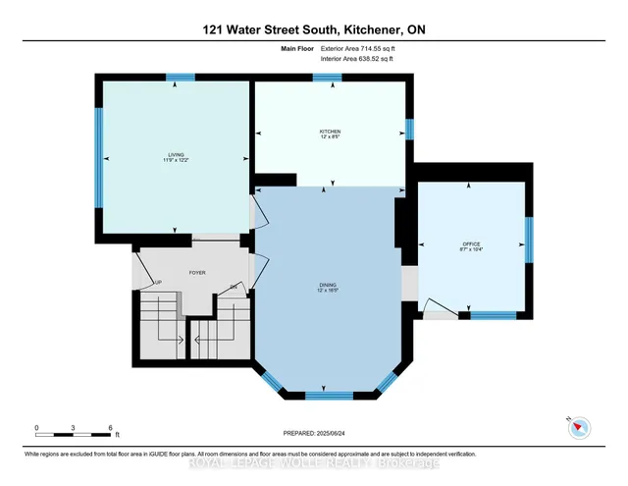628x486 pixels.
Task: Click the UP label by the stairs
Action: pos(157,284)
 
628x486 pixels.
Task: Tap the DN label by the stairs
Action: pos(235,286)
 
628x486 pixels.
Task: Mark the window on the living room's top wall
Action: pos(180,78)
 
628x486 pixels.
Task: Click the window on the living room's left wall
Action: pos(98,157)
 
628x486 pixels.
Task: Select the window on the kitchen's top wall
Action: pos(327,78)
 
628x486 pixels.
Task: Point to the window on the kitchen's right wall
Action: pos(410,130)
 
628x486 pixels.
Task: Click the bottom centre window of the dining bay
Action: pos(329,395)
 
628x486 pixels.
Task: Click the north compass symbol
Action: pos(582,427)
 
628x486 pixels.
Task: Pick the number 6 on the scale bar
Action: pos(110,428)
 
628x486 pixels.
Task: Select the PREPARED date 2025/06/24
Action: pos(313,433)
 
